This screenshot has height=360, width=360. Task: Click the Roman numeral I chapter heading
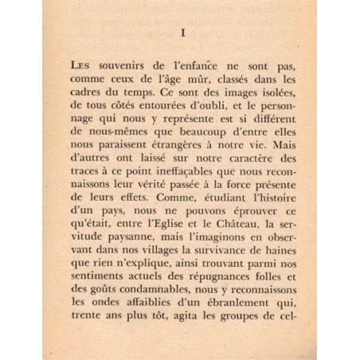click(182, 35)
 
